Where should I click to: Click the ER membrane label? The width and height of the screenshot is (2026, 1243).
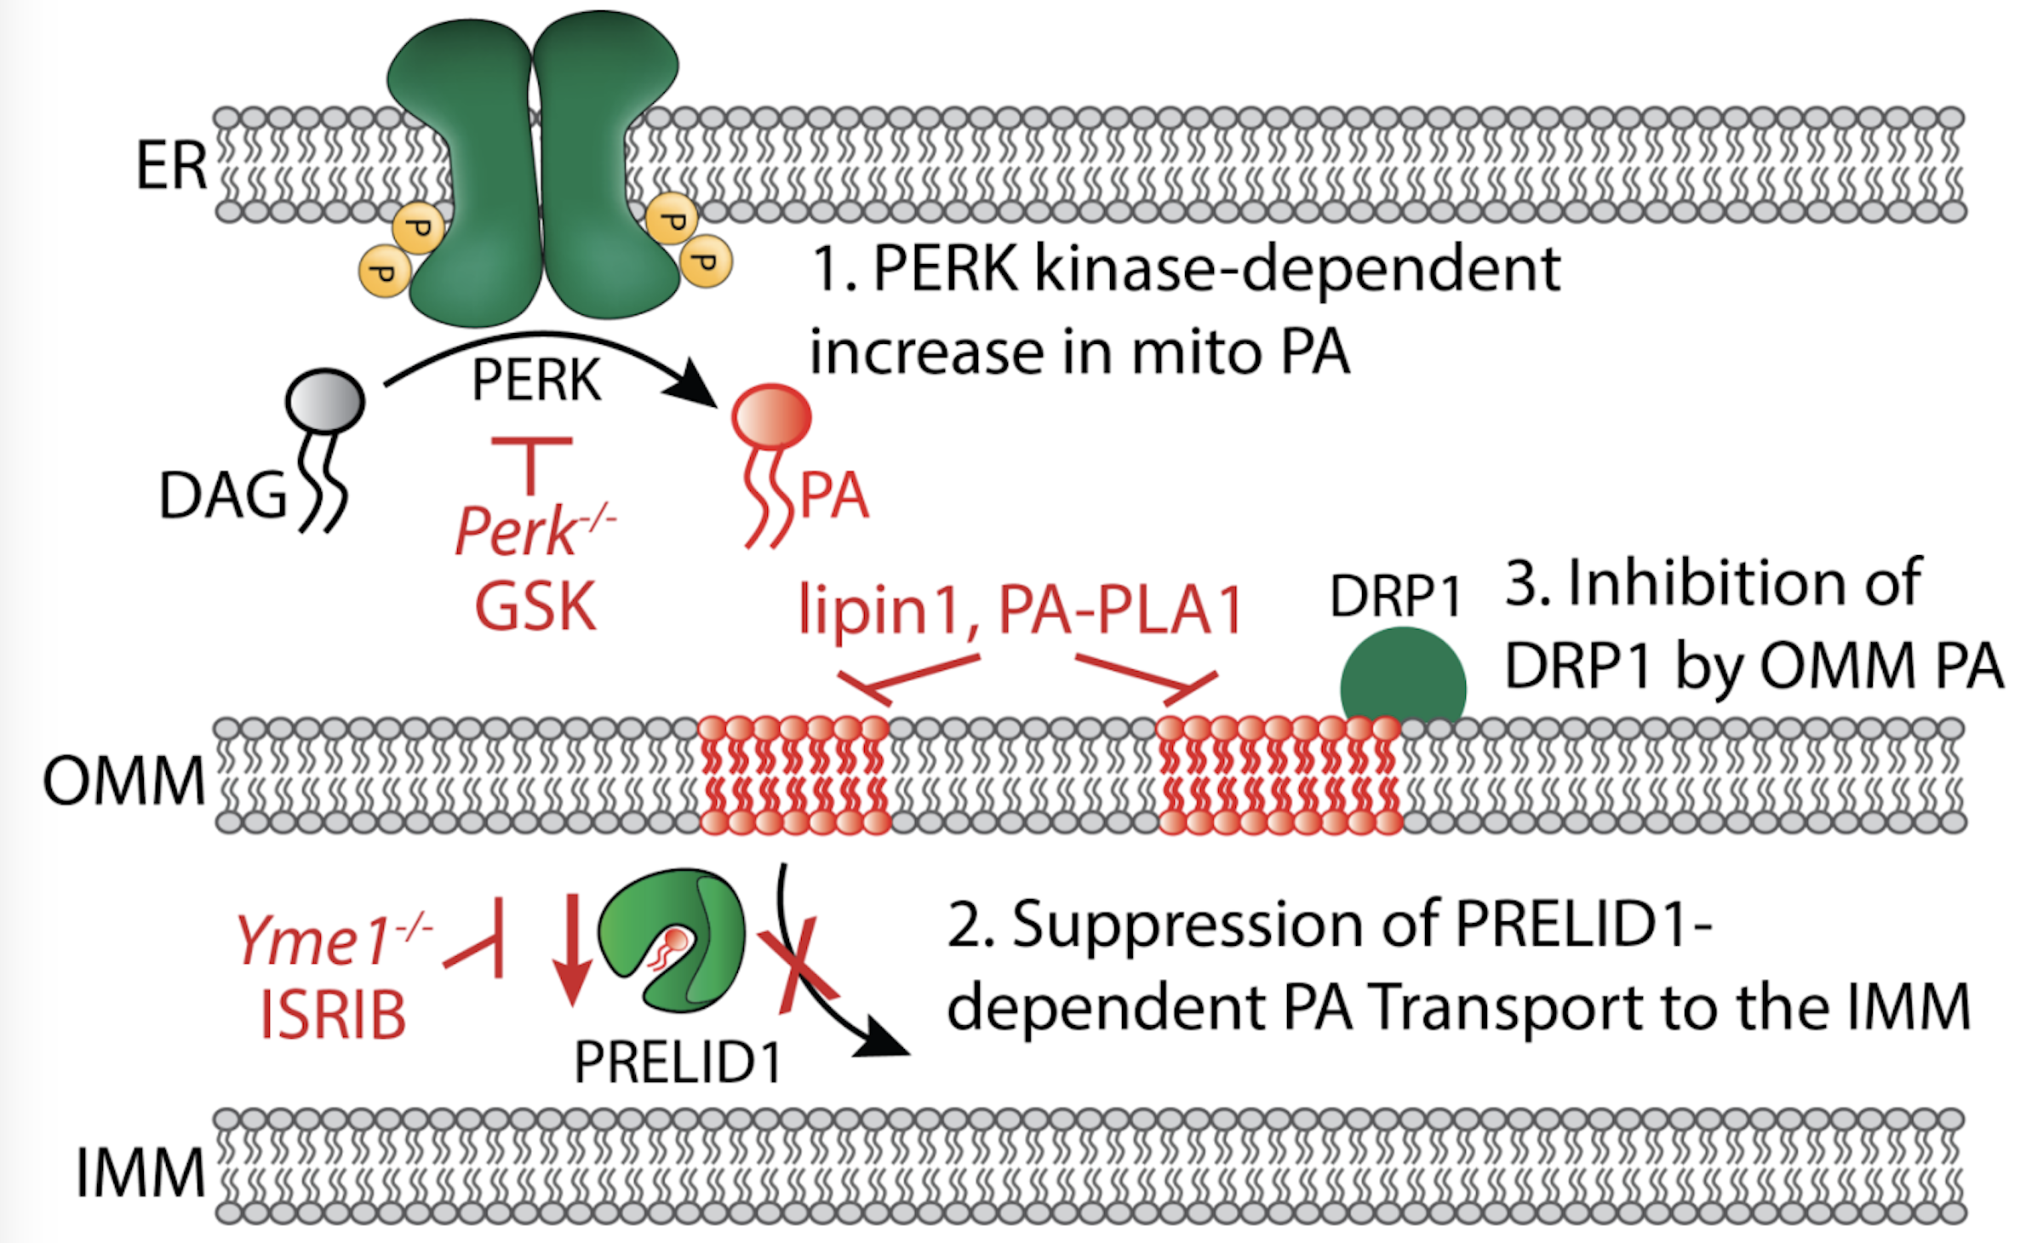click(172, 166)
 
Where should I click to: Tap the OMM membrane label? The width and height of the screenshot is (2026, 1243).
click(124, 781)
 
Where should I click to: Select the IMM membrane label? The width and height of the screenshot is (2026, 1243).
click(140, 1172)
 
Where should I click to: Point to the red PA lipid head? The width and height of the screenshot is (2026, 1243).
click(771, 416)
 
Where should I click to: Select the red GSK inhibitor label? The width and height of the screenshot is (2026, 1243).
click(535, 606)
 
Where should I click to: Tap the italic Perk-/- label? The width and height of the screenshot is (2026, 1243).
click(532, 530)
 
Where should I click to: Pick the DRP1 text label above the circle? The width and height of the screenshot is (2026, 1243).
click(1395, 595)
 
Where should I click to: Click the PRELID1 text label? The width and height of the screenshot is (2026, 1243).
click(678, 1062)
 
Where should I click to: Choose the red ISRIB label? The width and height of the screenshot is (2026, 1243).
click(333, 1016)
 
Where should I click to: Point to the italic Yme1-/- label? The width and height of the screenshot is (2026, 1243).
click(332, 941)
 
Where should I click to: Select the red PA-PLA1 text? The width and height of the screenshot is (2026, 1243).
click(1120, 610)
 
